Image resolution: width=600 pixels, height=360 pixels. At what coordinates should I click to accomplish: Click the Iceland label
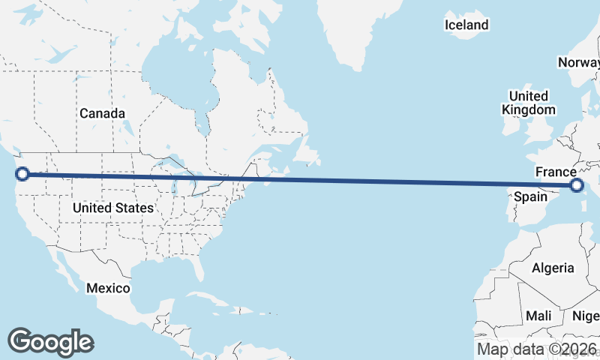click(x=466, y=25)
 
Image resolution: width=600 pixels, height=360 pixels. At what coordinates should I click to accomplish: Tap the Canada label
click(x=102, y=113)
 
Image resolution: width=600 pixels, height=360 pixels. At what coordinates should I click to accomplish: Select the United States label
click(x=113, y=207)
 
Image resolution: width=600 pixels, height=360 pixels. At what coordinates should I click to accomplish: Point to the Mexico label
click(x=108, y=288)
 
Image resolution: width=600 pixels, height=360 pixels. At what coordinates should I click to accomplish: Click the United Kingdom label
click(x=529, y=103)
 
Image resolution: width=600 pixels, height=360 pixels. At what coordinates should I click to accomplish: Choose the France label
click(x=555, y=172)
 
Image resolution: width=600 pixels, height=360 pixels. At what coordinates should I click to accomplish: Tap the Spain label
click(x=530, y=197)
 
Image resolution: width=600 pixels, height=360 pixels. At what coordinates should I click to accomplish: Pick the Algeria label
click(x=553, y=268)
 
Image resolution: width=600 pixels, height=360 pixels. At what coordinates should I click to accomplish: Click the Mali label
click(x=538, y=316)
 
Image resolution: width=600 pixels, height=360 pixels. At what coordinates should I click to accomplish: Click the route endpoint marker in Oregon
click(x=22, y=174)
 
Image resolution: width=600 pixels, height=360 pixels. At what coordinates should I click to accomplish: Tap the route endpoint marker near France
click(x=577, y=185)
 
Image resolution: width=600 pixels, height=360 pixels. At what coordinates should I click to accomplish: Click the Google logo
click(x=50, y=342)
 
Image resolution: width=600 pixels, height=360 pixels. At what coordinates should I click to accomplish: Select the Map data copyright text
click(x=538, y=349)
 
